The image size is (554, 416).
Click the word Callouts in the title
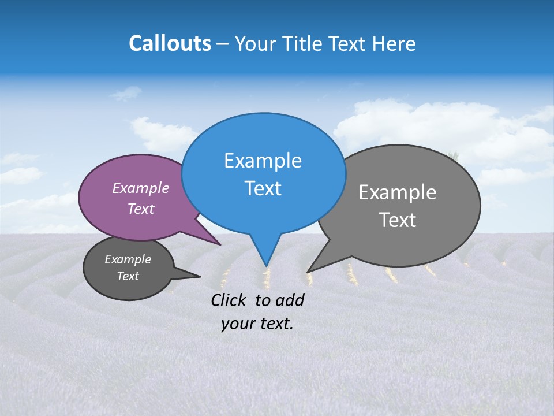coord(170,43)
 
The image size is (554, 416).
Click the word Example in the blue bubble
coord(263,161)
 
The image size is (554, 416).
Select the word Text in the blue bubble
coord(263,188)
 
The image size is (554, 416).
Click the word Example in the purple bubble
coord(140,188)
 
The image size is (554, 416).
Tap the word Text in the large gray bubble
coord(398,220)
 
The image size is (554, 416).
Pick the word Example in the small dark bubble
coord(128,259)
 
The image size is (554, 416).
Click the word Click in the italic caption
coord(229,300)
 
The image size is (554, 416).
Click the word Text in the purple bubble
coord(140,209)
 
